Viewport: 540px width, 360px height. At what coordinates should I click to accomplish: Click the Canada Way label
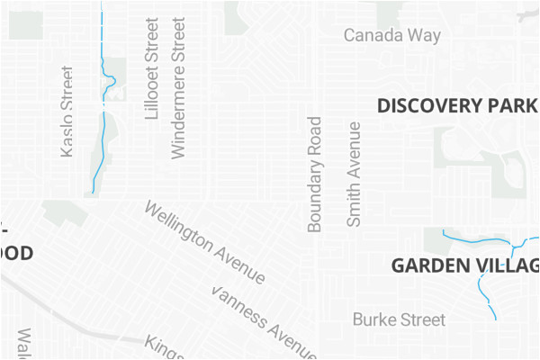click(x=392, y=36)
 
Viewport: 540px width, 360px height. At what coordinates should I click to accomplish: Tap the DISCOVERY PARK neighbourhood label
click(x=457, y=105)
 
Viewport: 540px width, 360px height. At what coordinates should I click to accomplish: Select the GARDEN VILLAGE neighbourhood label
click(x=464, y=265)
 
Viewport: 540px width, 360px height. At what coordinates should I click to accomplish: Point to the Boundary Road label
click(x=314, y=174)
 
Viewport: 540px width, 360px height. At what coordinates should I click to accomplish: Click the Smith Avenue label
click(x=354, y=174)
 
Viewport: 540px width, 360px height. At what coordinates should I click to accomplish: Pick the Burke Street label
click(x=399, y=319)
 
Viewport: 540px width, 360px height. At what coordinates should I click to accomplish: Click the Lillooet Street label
click(x=151, y=68)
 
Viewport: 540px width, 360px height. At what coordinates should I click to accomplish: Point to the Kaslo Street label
click(x=67, y=112)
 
